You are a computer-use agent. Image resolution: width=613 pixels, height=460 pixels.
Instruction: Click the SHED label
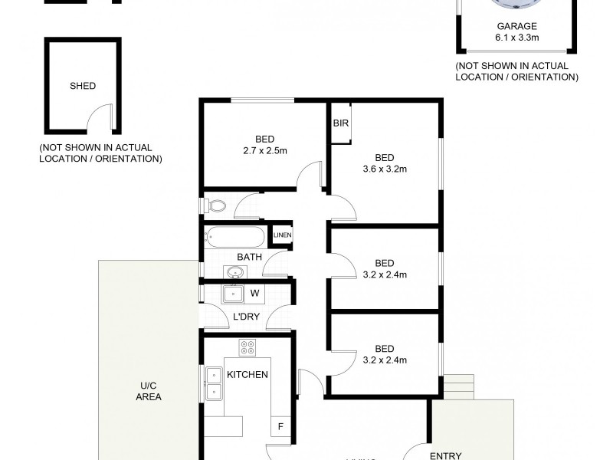tap(83, 86)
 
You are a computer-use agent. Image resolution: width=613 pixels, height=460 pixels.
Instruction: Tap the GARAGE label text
tap(516, 25)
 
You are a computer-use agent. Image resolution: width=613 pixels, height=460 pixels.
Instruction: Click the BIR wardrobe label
tap(340, 123)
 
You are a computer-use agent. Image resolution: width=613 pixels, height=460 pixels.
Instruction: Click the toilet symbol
tap(215, 205)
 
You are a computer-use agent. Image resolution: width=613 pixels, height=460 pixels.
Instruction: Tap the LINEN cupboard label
tap(283, 235)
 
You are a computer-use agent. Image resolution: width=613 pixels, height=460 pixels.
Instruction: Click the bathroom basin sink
tap(234, 271)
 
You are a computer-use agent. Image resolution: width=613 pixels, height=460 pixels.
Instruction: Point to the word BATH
tap(249, 257)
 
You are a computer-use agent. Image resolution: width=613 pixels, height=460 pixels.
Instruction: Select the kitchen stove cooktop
tap(247, 347)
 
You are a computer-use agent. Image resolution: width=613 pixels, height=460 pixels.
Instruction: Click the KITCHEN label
tap(247, 374)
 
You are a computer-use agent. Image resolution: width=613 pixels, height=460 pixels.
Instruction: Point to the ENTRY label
tap(445, 455)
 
